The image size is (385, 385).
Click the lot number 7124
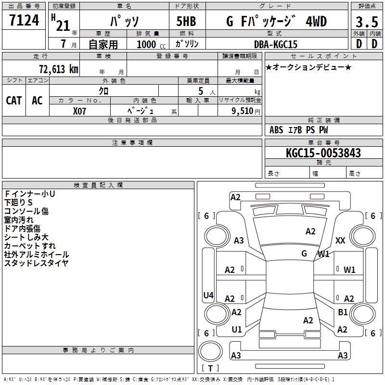click(x=24, y=22)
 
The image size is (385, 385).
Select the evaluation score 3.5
click(x=366, y=22)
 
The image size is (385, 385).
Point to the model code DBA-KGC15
click(x=276, y=44)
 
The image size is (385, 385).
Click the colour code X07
click(x=79, y=110)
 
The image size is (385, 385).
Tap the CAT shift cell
click(x=14, y=100)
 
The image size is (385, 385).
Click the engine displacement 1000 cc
click(x=150, y=44)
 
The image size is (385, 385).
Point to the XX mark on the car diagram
click(x=340, y=241)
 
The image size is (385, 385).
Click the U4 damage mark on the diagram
click(x=208, y=295)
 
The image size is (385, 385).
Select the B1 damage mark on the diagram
click(x=343, y=312)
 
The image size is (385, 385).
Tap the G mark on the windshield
click(x=304, y=253)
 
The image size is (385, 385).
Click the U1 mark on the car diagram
click(x=237, y=330)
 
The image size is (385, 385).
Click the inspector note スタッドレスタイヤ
click(x=36, y=263)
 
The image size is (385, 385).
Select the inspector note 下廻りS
click(x=18, y=202)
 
